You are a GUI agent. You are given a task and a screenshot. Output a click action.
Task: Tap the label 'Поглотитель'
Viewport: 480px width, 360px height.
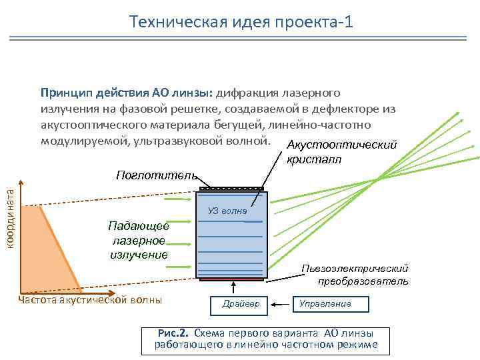(155, 175)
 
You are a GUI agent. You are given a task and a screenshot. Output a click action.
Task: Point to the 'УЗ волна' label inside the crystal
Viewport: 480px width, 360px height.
(227, 211)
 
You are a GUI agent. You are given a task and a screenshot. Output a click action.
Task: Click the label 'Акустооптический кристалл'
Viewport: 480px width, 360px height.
(340, 153)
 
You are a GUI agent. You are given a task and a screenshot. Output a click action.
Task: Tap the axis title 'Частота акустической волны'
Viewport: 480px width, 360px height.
(91, 301)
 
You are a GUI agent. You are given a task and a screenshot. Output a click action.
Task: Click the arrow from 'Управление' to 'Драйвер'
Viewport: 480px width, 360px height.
(281, 304)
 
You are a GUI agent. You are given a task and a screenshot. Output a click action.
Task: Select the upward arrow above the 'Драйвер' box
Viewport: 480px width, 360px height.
(233, 287)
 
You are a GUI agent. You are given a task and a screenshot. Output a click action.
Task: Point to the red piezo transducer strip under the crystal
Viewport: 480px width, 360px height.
(232, 279)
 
